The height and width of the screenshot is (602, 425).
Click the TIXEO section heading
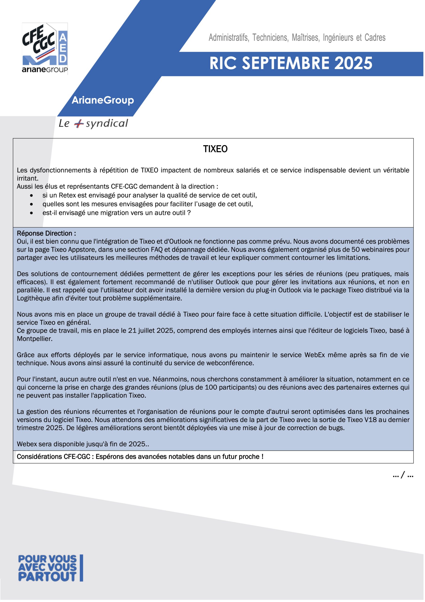point(215,149)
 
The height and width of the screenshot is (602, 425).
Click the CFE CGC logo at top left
point(45,48)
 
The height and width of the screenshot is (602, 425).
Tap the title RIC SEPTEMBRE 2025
point(291,63)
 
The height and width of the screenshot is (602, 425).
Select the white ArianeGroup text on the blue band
point(103,100)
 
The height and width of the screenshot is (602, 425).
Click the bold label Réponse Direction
point(46,233)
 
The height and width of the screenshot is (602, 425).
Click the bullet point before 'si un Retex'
point(32,196)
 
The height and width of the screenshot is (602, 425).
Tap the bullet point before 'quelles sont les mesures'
point(32,204)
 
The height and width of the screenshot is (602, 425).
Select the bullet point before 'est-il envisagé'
point(32,213)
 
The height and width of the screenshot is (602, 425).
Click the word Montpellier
point(34,339)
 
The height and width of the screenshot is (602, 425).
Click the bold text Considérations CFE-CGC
point(53,456)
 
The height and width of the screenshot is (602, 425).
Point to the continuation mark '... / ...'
point(403,475)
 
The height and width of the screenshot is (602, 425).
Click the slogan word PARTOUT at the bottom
point(47,577)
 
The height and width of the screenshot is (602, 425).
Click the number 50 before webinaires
point(355,249)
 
